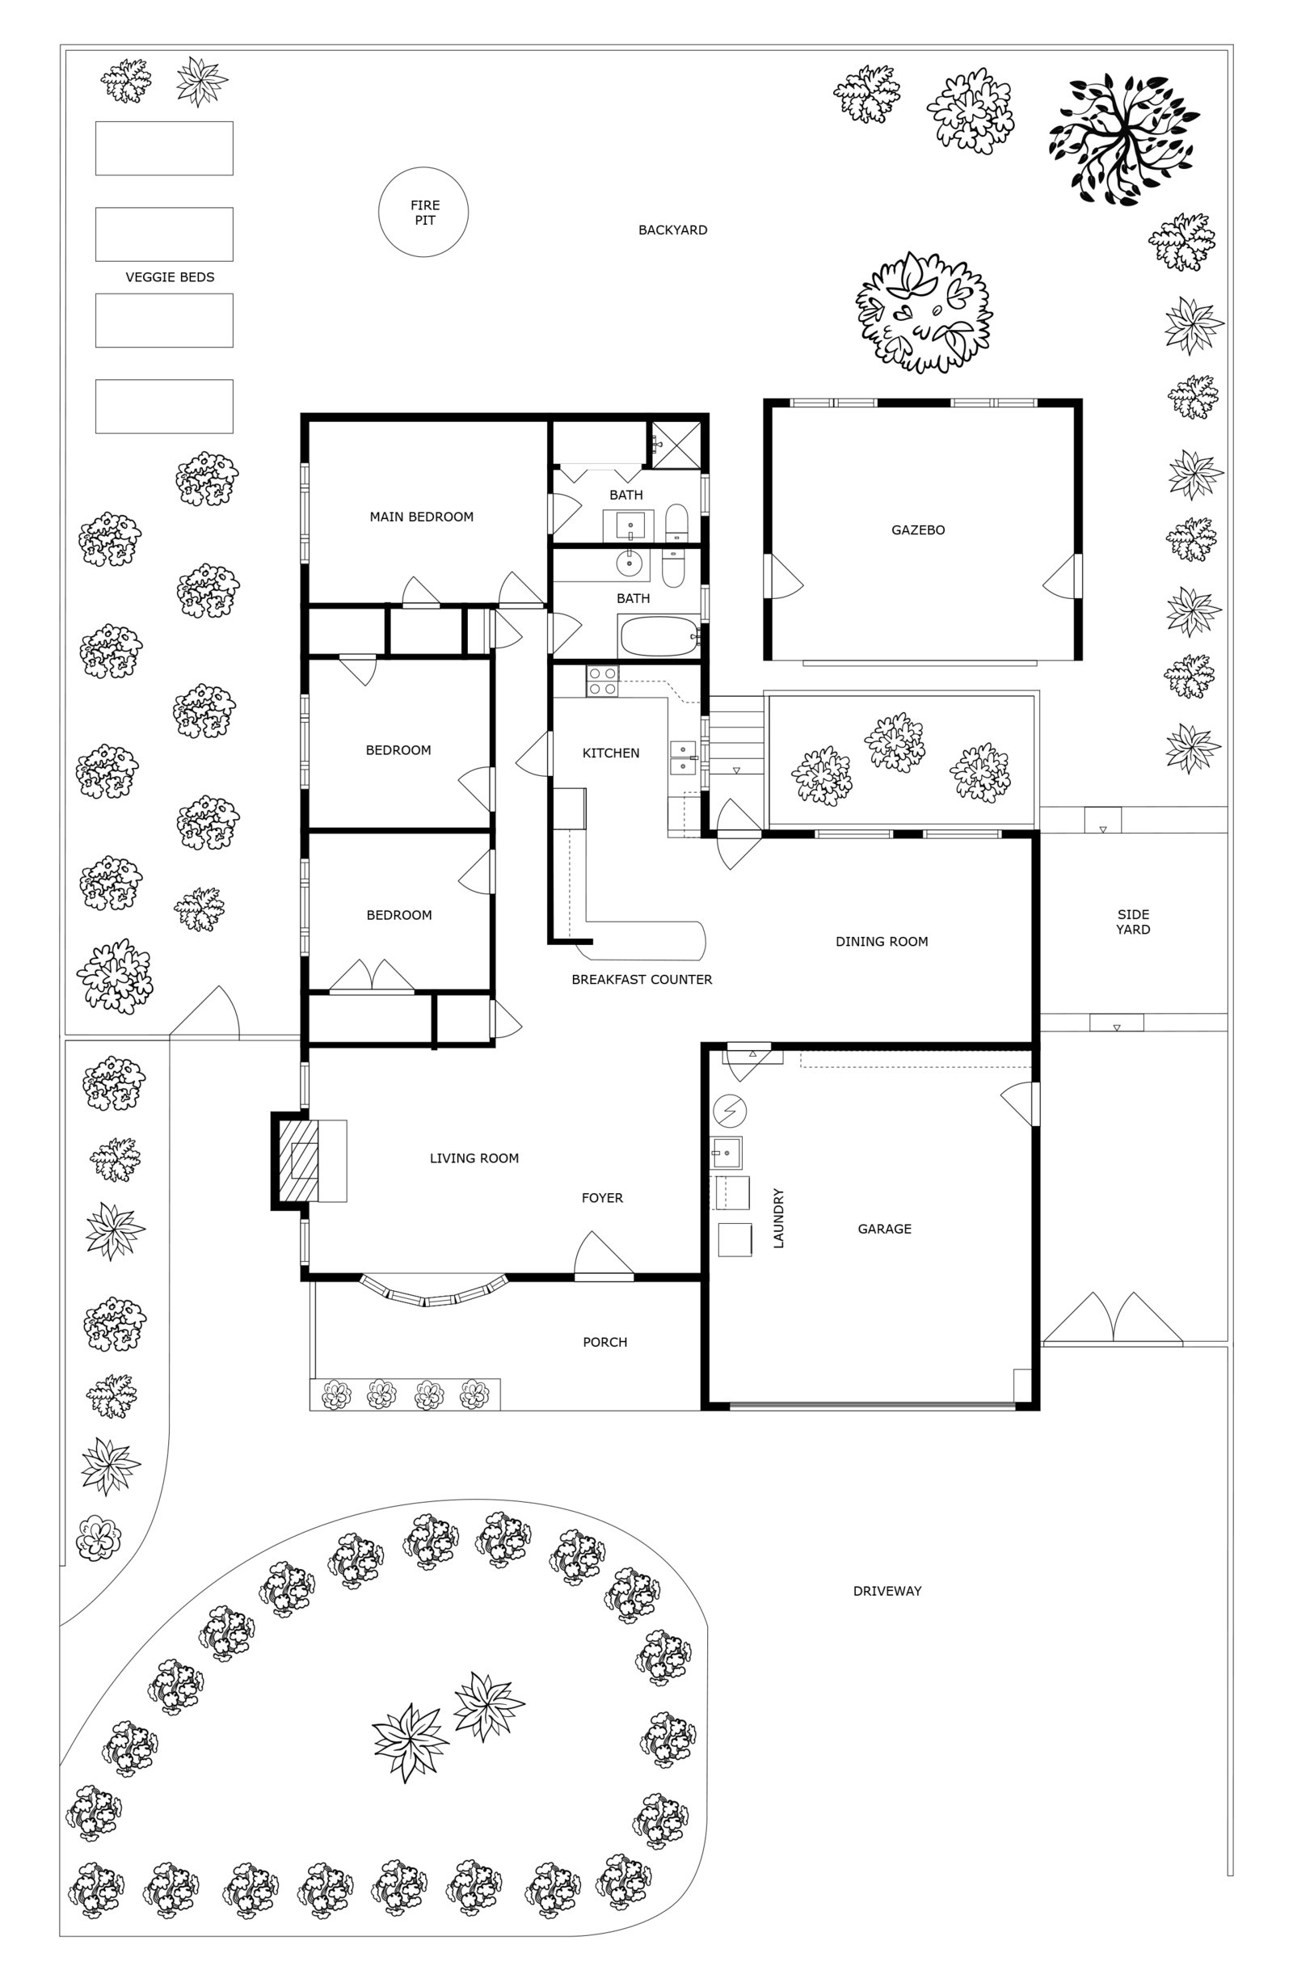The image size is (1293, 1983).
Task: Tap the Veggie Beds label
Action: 170,277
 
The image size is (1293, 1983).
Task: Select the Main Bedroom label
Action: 422,517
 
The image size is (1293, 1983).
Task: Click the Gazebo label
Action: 918,530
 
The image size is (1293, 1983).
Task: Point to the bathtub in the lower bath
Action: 659,637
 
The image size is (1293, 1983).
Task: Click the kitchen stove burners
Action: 602,681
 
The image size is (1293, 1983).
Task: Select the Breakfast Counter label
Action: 642,980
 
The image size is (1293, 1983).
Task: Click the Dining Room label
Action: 882,942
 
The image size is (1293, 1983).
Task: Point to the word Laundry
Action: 779,1218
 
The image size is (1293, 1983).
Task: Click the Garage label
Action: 884,1229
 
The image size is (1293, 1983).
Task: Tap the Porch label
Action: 604,1342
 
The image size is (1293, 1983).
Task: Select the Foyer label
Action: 602,1198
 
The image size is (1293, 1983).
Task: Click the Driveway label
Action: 887,1591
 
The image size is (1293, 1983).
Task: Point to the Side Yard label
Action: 1133,922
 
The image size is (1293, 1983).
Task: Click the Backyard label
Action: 672,230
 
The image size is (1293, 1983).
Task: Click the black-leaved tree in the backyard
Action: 1123,139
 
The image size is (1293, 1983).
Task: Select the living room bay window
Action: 433,1291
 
